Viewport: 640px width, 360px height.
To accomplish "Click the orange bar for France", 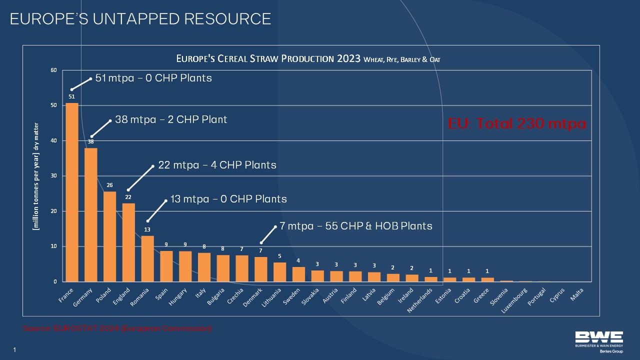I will [72, 192].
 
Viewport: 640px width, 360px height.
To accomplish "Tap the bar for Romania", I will [147, 258].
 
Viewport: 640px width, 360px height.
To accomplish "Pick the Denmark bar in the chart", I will [261, 269].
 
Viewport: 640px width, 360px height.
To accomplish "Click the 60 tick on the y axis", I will [53, 70].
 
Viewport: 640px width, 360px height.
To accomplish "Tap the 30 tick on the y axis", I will [53, 176].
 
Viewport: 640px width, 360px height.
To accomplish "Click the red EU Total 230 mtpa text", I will [517, 123].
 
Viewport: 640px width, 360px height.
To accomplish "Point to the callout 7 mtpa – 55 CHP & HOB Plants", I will [356, 226].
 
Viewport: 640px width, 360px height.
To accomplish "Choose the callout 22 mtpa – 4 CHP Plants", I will [217, 164].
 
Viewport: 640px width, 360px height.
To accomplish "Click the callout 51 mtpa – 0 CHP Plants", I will [153, 78].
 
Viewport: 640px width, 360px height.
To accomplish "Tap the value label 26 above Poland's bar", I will [109, 185].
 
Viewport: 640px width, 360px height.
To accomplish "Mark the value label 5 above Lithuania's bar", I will [280, 256].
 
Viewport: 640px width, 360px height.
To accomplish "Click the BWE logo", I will [598, 340].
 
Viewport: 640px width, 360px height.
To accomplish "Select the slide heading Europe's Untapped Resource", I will [140, 19].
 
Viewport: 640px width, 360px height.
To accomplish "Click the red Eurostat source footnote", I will [117, 328].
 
